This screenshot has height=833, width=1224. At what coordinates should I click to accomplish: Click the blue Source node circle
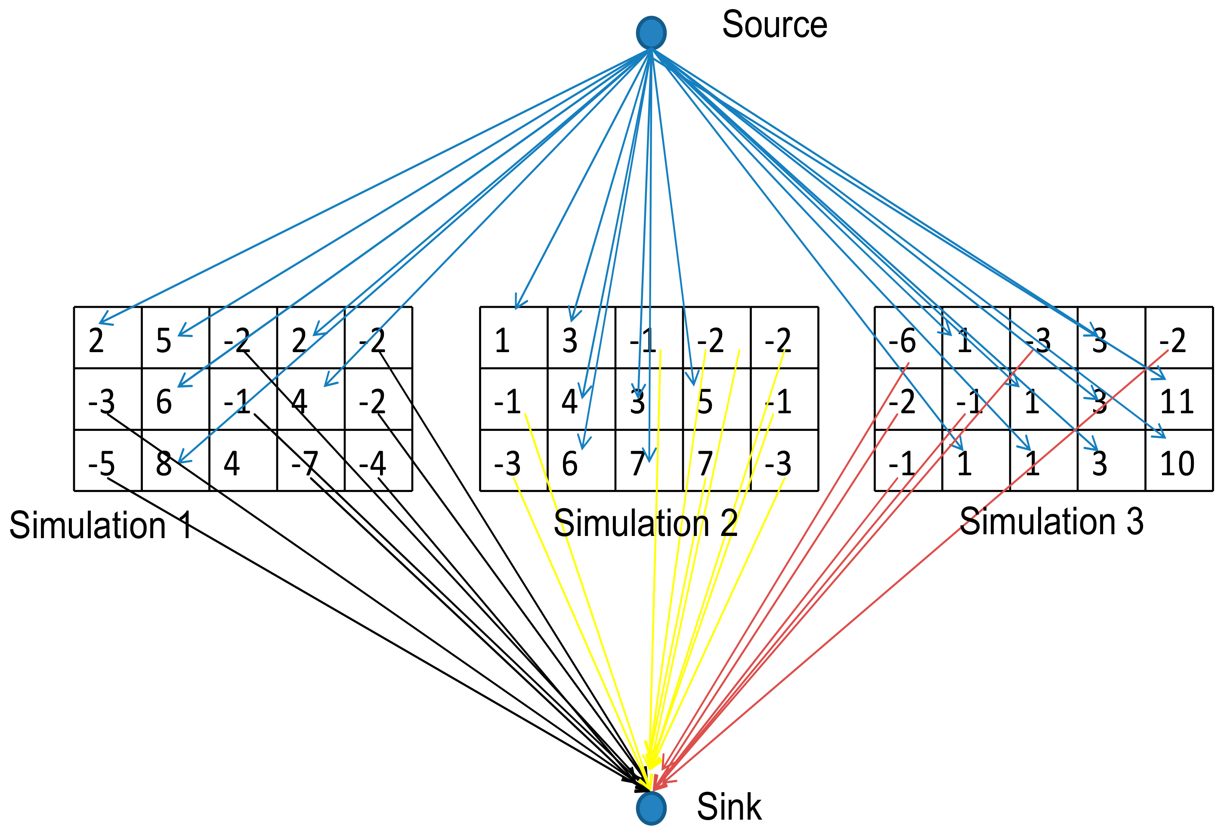[651, 33]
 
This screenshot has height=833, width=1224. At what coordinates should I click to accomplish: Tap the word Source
[774, 25]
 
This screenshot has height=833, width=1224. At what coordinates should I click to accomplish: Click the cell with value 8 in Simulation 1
[176, 461]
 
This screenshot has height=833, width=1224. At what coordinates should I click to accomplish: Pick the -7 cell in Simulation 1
[311, 461]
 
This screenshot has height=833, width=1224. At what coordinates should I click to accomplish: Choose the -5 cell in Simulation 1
[108, 461]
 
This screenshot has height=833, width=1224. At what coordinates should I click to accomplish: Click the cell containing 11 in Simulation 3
[1178, 399]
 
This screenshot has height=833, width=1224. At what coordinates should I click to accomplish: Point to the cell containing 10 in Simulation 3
[1178, 461]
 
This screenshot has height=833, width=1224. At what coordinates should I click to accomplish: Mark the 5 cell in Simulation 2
[716, 399]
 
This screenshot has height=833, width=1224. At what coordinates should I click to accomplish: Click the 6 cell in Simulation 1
[176, 399]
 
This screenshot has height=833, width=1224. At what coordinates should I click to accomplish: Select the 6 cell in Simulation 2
[581, 461]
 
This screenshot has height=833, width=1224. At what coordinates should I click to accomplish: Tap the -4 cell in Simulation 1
[378, 461]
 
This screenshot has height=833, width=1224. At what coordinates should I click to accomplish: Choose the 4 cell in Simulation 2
[581, 399]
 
